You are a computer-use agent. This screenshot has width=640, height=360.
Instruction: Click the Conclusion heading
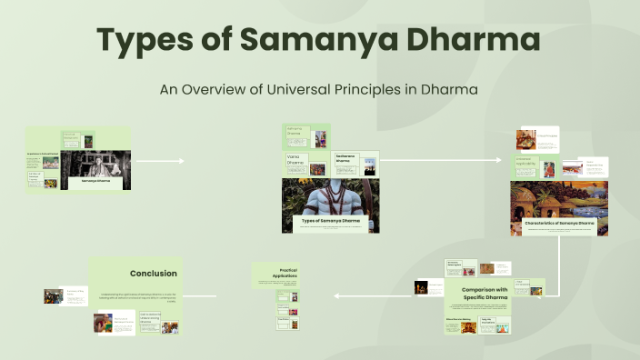pyautogui.click(x=153, y=273)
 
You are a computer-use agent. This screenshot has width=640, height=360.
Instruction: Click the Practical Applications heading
pyautogui.click(x=284, y=273)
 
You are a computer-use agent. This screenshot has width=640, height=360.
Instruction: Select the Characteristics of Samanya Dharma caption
pyautogui.click(x=559, y=223)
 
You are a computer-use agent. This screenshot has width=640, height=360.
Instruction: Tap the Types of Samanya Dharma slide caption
pyautogui.click(x=330, y=221)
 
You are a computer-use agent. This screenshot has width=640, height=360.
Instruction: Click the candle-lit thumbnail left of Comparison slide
pyautogui.click(x=423, y=287)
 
